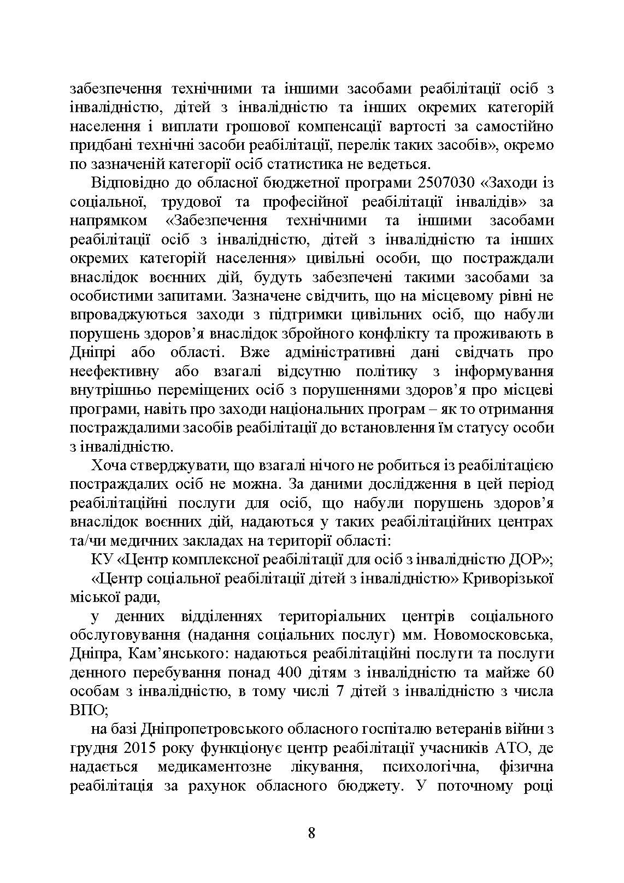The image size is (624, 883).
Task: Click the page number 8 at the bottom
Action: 311,833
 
